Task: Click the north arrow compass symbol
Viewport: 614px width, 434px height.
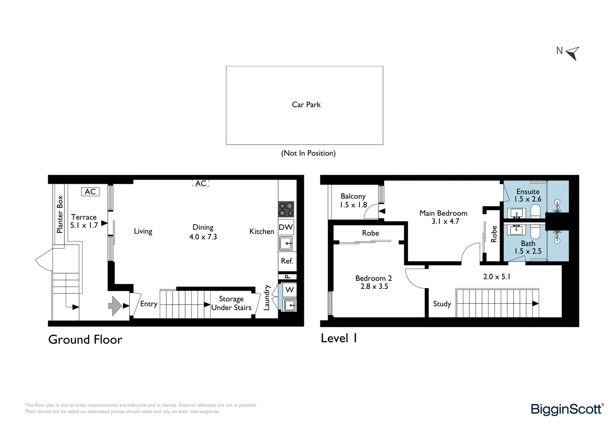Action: [x=573, y=53]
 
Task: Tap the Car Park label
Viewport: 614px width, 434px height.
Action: [x=306, y=104]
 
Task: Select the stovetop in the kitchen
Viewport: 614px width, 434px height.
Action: [x=286, y=209]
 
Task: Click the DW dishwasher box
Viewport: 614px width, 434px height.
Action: [x=286, y=227]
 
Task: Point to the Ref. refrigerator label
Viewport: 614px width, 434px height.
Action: [x=287, y=261]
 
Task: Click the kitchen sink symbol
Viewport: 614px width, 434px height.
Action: [x=286, y=244]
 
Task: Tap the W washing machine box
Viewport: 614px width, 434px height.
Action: [x=289, y=290]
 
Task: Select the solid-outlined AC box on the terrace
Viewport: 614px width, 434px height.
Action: [x=90, y=192]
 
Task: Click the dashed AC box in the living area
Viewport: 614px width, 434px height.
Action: [x=201, y=183]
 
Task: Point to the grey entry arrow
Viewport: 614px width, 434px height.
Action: [x=115, y=306]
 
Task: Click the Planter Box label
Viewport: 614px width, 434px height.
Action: [x=60, y=215]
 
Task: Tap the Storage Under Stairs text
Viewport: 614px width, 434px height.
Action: [x=231, y=303]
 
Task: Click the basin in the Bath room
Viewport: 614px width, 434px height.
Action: [x=516, y=230]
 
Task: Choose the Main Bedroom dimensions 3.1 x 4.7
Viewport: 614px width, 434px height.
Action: [x=445, y=221]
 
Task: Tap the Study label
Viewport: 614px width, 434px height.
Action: [x=442, y=304]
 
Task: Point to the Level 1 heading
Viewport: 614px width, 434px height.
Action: [x=339, y=338]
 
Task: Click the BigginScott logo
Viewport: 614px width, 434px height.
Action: [x=567, y=409]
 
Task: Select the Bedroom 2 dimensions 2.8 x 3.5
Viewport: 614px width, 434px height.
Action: [x=374, y=287]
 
